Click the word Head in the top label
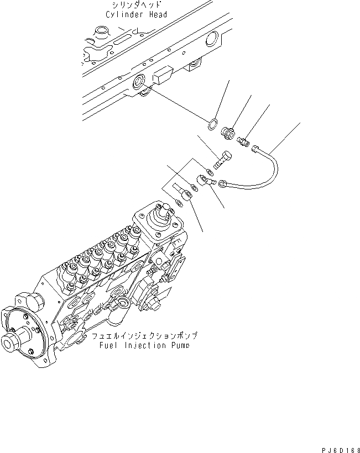tap(155, 15)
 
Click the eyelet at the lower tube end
tap(222, 184)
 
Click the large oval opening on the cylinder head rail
tap(213, 39)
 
